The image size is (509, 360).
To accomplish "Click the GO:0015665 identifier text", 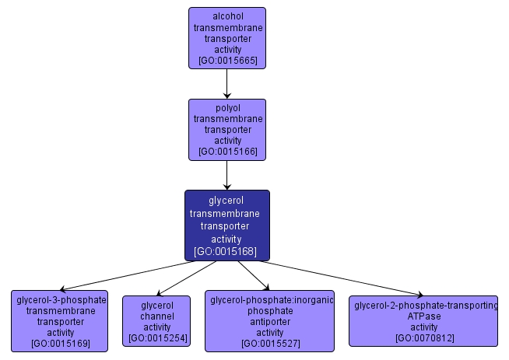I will pyautogui.click(x=227, y=60).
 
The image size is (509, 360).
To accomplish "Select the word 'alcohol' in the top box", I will pyautogui.click(x=227, y=16).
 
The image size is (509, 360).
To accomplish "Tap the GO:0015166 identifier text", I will pyautogui.click(x=227, y=152).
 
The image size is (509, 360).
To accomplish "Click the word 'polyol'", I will pyautogui.click(x=227, y=107).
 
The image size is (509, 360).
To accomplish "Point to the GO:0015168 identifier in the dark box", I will pyautogui.click(x=226, y=251).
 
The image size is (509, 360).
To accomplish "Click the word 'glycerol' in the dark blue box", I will pyautogui.click(x=226, y=200).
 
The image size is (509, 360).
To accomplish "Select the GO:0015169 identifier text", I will pyautogui.click(x=61, y=343).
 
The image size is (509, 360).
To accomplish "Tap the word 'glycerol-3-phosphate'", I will pyautogui.click(x=61, y=299).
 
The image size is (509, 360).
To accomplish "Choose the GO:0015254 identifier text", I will pyautogui.click(x=156, y=338).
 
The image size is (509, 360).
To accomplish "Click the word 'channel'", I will pyautogui.click(x=156, y=316).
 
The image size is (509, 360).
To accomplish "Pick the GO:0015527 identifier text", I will pyautogui.click(x=270, y=343).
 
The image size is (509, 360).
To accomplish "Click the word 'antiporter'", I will pyautogui.click(x=270, y=321).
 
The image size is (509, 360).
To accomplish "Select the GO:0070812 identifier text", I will pyautogui.click(x=425, y=338).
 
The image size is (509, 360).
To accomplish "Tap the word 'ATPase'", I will pyautogui.click(x=425, y=316).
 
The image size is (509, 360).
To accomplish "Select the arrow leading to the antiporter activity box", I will pyautogui.click(x=253, y=275).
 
